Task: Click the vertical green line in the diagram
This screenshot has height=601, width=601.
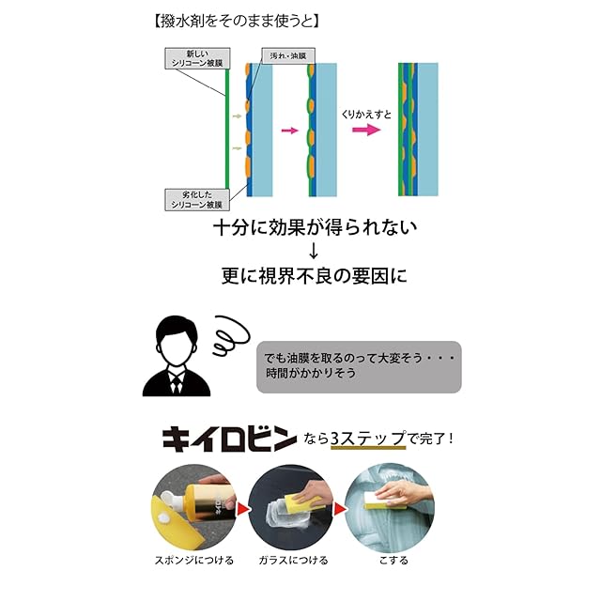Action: pos(226,131)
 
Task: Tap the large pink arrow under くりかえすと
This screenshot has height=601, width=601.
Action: pos(366,131)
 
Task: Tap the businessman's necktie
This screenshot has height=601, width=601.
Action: pos(176,382)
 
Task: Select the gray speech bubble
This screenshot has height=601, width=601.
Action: pos(359,365)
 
